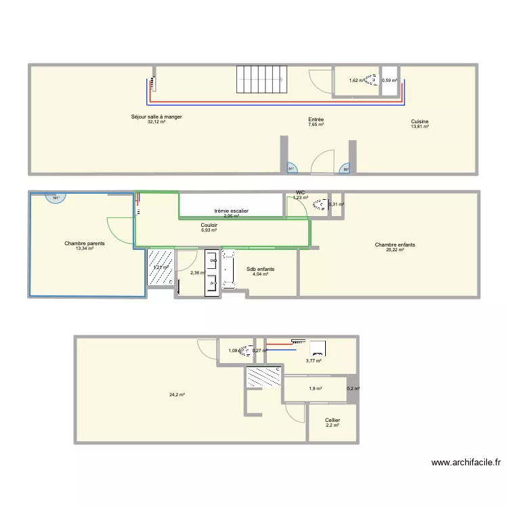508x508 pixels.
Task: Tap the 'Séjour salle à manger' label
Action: pos(156,117)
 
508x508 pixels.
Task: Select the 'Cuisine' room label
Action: pos(420,122)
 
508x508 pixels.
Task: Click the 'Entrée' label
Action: pos(316,119)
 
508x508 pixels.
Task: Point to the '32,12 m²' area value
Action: pos(156,122)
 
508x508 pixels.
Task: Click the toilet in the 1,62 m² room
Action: pos(371,81)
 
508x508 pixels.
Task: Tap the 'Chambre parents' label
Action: pos(85,243)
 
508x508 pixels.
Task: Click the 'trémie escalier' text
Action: pos(231,211)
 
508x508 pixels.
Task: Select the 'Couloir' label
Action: pos(209,225)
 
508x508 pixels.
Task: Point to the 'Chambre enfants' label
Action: pos(395,245)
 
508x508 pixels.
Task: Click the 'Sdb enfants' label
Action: pos(261,269)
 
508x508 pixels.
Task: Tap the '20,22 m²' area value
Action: pos(395,250)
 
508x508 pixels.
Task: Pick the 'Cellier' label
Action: pos(332,421)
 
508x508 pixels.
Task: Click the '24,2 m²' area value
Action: pos(176,395)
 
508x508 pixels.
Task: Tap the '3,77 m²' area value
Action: pos(314,361)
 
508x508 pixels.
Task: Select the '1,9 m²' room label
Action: pos(315,389)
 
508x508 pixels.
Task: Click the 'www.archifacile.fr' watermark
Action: pos(466,463)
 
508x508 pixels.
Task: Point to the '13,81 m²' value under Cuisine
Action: pos(420,127)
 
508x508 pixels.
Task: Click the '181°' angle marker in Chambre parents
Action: pos(55,198)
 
